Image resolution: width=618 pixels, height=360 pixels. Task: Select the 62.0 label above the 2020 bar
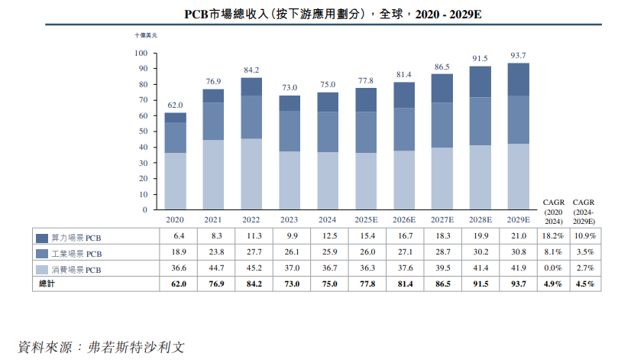tap(175, 105)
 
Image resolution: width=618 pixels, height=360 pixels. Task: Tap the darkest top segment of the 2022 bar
tap(251, 86)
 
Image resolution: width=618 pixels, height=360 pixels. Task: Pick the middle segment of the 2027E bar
tap(442, 125)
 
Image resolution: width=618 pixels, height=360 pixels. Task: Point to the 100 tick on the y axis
tap(140, 53)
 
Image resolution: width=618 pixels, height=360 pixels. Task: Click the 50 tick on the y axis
tap(142, 131)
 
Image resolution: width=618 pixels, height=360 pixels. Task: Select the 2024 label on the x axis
tap(328, 220)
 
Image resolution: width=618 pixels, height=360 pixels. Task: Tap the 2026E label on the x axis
tap(404, 220)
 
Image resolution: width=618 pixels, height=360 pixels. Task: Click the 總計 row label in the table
tap(47, 284)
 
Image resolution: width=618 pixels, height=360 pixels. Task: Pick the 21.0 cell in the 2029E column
tap(519, 237)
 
